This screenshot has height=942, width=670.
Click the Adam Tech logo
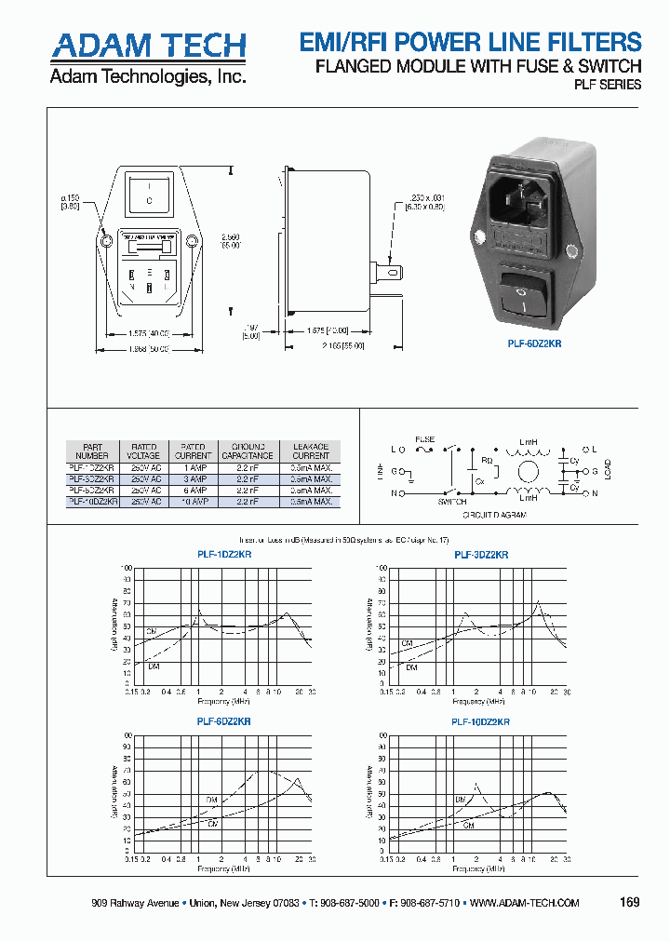click(148, 46)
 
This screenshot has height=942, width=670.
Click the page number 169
click(630, 903)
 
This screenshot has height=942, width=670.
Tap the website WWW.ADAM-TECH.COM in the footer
click(525, 904)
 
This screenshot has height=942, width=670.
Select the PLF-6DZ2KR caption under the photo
click(534, 343)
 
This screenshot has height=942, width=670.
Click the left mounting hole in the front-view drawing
click(107, 242)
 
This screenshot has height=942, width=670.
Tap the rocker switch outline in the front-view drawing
click(150, 194)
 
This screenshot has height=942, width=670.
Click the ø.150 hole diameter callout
click(71, 202)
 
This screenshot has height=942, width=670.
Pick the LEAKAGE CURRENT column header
click(311, 451)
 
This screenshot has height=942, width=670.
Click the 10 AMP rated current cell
click(194, 501)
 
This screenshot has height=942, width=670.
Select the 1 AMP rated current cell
click(194, 467)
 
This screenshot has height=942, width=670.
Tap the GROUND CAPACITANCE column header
click(248, 451)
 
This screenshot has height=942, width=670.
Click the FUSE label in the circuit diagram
click(424, 437)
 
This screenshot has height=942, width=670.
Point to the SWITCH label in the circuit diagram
click(452, 501)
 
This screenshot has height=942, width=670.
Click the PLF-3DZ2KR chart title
click(481, 554)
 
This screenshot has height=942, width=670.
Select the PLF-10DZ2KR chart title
click(481, 721)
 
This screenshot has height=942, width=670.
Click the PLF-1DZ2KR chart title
click(224, 554)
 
